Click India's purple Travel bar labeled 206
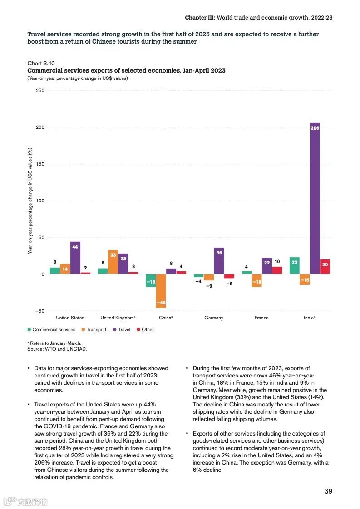pyautogui.click(x=315, y=198)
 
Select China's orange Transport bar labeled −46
pyautogui.click(x=161, y=291)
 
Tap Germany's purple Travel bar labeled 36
pyautogui.click(x=219, y=261)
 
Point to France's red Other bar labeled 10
pyautogui.click(x=277, y=270)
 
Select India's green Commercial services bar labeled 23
pyautogui.click(x=295, y=265)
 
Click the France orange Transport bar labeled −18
pyautogui.click(x=256, y=280)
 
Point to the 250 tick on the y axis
pyautogui.click(x=39, y=91)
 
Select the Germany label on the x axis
pyautogui.click(x=214, y=318)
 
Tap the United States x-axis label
pyautogui.click(x=70, y=318)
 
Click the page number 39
pyautogui.click(x=328, y=491)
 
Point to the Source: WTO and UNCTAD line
pyautogui.click(x=57, y=349)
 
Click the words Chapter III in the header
pyautogui.click(x=199, y=18)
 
